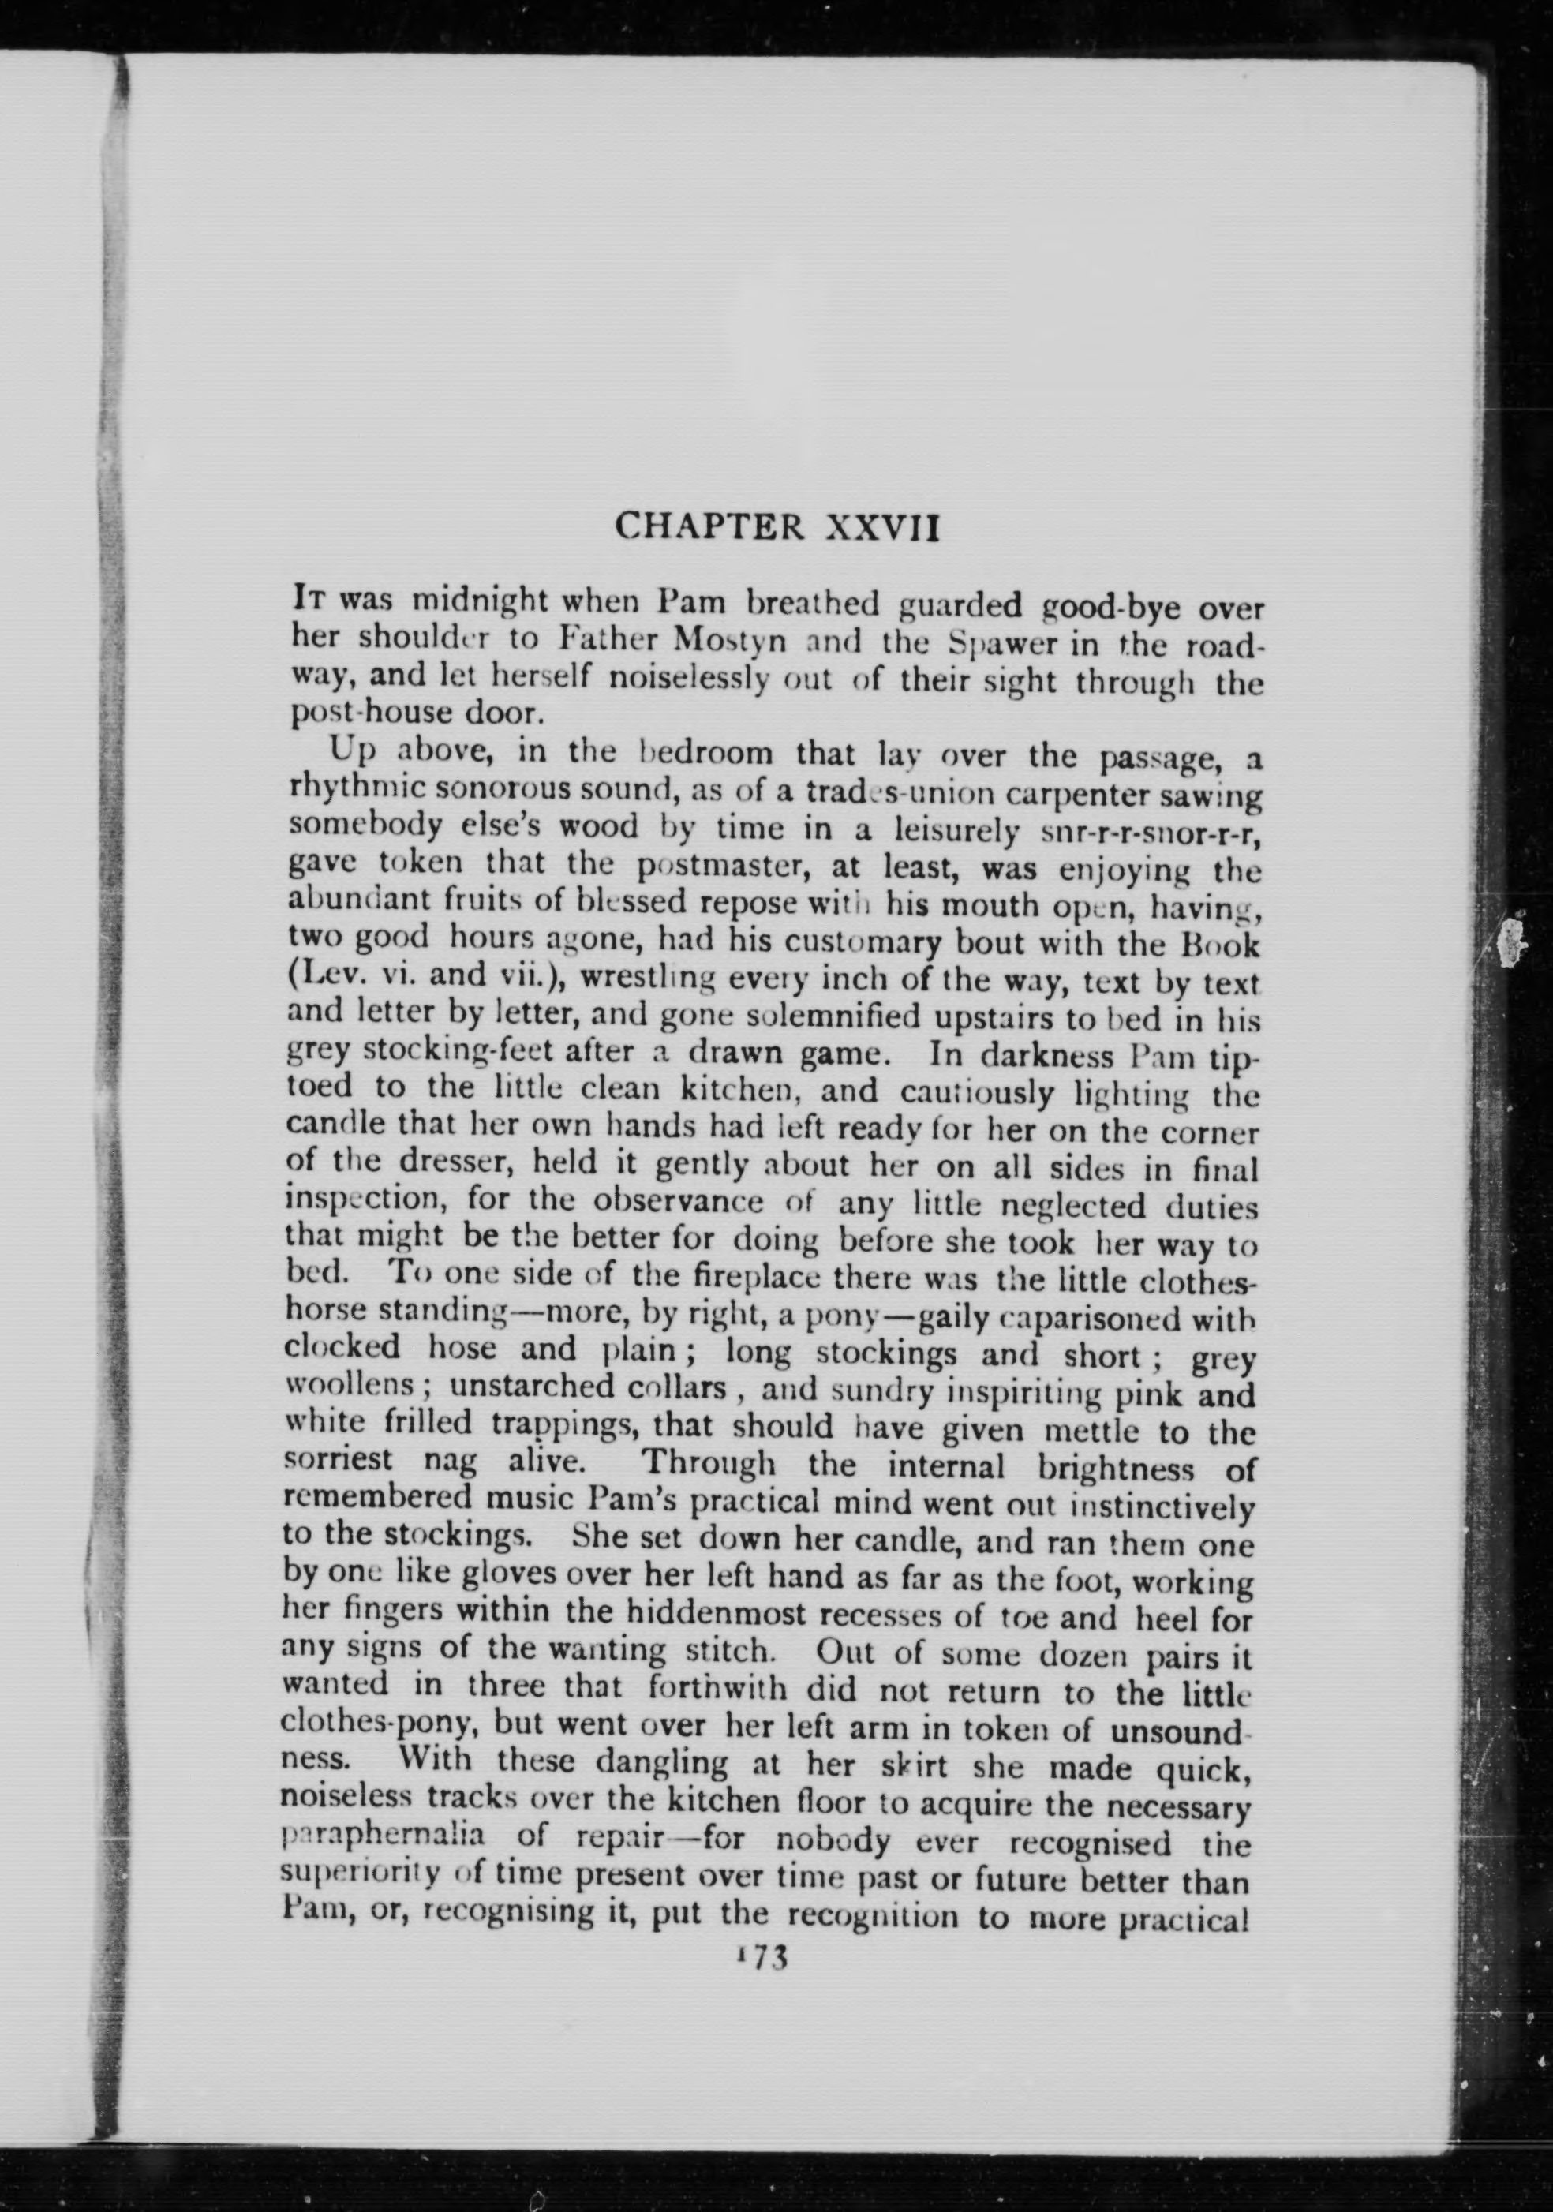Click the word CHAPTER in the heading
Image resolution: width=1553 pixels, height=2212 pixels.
pyautogui.click(x=710, y=527)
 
